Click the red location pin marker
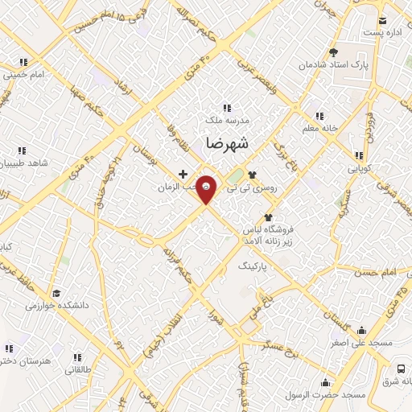tap(207, 189)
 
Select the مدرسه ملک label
tap(227, 121)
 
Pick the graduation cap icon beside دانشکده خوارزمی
tap(56, 294)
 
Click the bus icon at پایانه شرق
tap(402, 368)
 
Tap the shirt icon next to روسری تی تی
tap(252, 173)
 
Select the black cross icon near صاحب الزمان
tap(183, 174)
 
